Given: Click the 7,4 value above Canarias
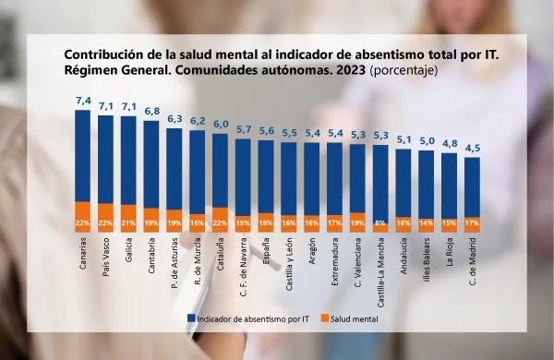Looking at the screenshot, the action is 83,101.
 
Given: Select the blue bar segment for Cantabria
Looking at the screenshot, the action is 151,164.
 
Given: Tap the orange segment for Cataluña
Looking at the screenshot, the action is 220,220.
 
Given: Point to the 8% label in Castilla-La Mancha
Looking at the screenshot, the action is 380,223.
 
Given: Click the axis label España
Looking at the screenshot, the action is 266,251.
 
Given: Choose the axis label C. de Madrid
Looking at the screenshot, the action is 473,261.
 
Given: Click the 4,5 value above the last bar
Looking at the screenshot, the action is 473,148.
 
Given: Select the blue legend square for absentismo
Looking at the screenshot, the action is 191,318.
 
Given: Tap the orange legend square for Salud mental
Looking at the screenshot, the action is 325,318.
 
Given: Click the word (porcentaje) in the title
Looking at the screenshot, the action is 403,70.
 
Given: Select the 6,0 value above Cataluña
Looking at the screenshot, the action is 221,125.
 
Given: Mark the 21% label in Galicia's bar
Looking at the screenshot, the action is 128,223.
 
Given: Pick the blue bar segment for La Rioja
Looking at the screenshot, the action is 450,186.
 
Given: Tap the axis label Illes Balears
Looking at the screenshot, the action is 427,259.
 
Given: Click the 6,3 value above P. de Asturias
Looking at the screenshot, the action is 175,119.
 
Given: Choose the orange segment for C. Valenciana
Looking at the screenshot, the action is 357,222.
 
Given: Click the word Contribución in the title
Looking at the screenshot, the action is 100,54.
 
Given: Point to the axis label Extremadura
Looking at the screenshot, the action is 335,261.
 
